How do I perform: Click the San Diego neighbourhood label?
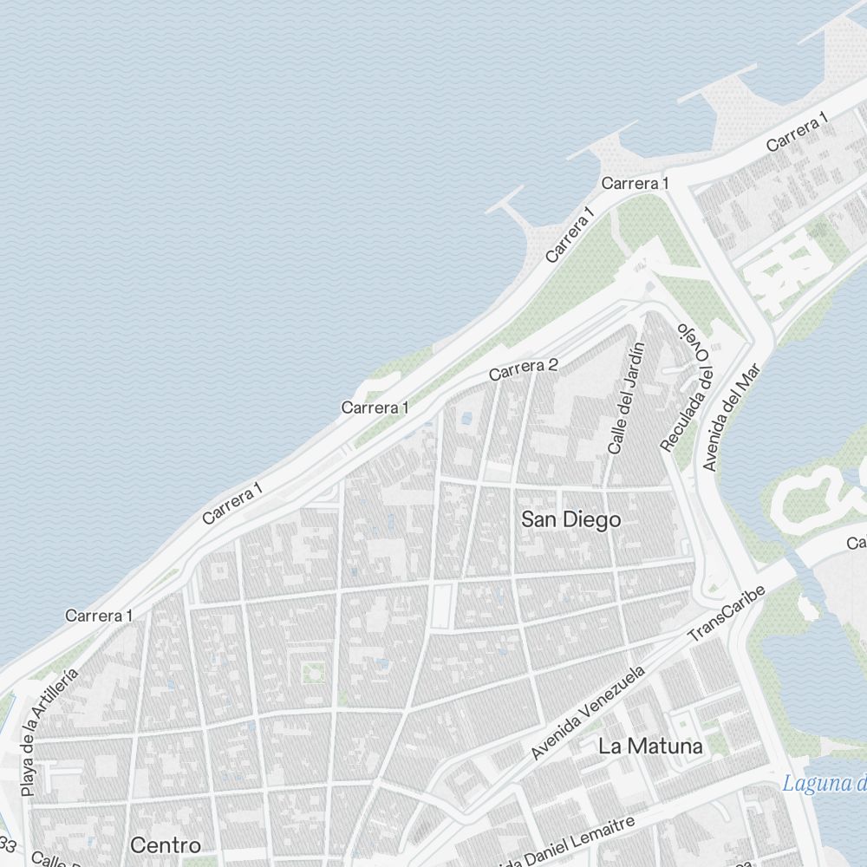click(x=570, y=519)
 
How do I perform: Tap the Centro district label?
click(x=166, y=844)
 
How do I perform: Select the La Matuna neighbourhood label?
click(x=650, y=746)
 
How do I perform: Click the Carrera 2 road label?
click(x=522, y=370)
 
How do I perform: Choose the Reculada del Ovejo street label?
click(x=687, y=388)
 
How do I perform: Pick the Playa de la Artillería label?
click(x=49, y=733)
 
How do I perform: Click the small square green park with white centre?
click(x=313, y=672)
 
